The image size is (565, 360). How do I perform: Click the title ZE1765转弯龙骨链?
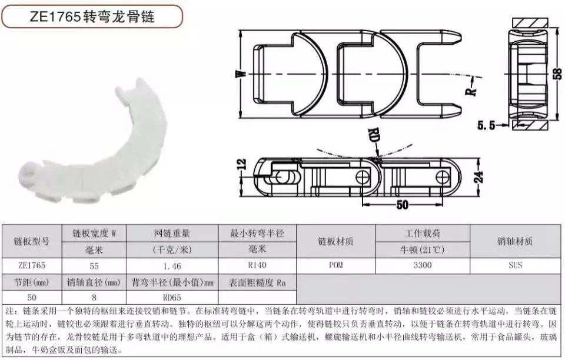[92, 16]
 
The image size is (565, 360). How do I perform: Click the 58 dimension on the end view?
[557, 74]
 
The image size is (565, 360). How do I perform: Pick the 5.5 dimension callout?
[486, 126]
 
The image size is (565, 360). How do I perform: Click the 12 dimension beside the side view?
[242, 165]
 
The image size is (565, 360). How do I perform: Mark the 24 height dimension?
[478, 176]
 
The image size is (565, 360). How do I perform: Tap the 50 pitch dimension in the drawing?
[402, 205]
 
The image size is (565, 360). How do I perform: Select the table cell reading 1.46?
[172, 266]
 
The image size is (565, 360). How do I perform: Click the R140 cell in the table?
[257, 265]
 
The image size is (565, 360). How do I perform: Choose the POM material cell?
[336, 265]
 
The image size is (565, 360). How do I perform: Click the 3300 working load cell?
[423, 265]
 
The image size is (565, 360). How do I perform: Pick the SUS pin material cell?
[515, 265]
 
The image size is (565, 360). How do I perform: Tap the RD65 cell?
[172, 298]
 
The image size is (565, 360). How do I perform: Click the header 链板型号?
[32, 241]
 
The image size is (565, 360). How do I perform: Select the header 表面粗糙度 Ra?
[257, 282]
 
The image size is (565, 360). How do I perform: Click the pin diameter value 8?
[94, 298]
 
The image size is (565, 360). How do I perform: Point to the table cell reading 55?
[94, 266]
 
